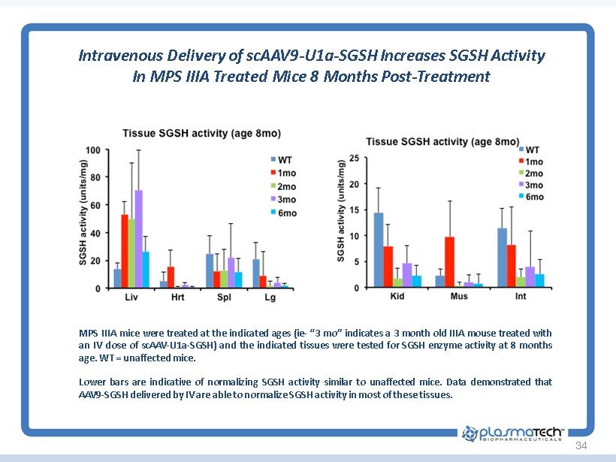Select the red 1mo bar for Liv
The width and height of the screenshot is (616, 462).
point(124,252)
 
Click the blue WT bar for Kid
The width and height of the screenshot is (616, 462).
point(379,250)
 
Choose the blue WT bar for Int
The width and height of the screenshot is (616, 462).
point(502,258)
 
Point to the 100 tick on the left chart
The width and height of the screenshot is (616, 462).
point(92,150)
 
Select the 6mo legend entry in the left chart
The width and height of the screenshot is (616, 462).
point(283,213)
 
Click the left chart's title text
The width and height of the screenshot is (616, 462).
point(201,134)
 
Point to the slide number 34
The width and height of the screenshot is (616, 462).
point(580,447)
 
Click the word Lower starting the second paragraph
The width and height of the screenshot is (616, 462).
point(91,382)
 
